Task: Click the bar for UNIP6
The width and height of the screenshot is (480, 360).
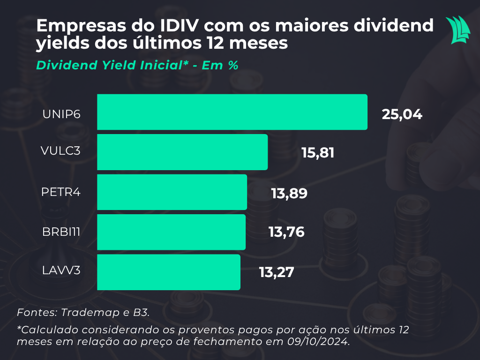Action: pyautogui.click(x=232, y=112)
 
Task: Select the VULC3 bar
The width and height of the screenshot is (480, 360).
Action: pyautogui.click(x=182, y=152)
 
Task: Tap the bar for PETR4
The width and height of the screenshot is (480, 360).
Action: pyautogui.click(x=172, y=192)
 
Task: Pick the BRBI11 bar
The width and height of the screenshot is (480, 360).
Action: pyautogui.click(x=171, y=232)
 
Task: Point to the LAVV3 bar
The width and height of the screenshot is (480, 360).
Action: pyautogui.click(x=169, y=272)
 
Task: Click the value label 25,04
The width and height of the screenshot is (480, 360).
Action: pyautogui.click(x=402, y=114)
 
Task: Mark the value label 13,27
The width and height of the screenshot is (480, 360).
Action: pyautogui.click(x=276, y=272)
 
